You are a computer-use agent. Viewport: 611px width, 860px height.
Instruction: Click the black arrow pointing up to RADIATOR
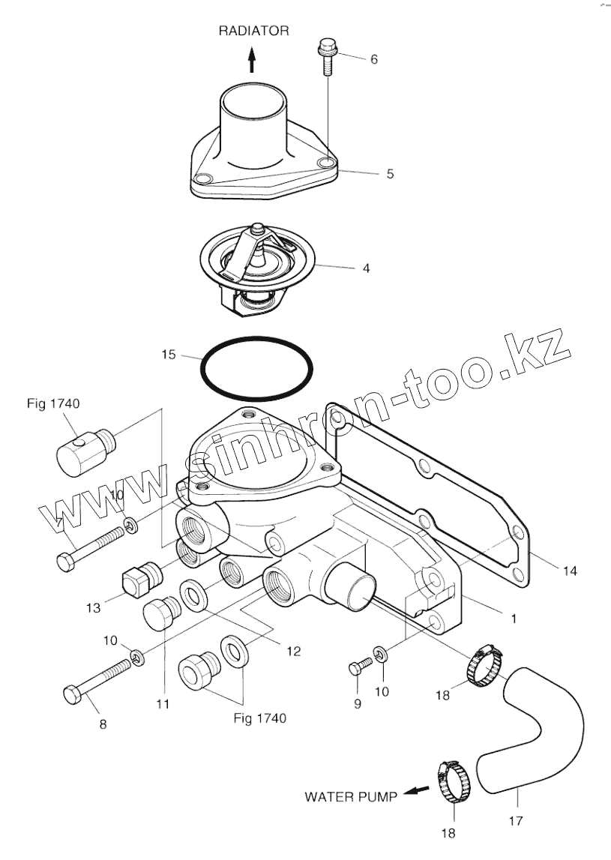(x=253, y=58)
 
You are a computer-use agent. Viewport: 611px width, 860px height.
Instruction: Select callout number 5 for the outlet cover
(x=390, y=174)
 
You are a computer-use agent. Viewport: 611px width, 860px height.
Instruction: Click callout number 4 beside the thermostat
(x=365, y=267)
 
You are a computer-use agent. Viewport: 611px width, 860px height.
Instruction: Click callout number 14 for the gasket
(x=571, y=571)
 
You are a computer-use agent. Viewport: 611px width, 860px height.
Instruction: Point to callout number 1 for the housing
(x=513, y=619)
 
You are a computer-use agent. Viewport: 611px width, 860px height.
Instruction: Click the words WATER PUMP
(x=350, y=796)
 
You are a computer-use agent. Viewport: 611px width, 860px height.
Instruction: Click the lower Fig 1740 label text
(x=260, y=718)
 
